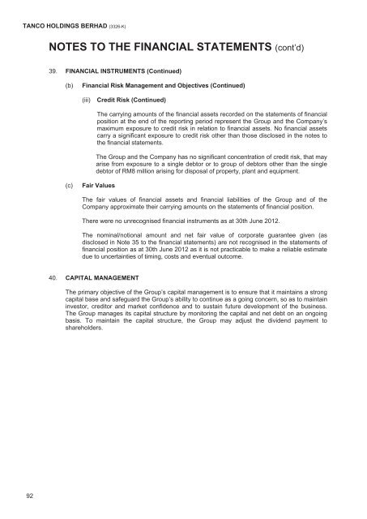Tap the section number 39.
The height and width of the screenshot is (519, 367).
pyautogui.click(x=53, y=71)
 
